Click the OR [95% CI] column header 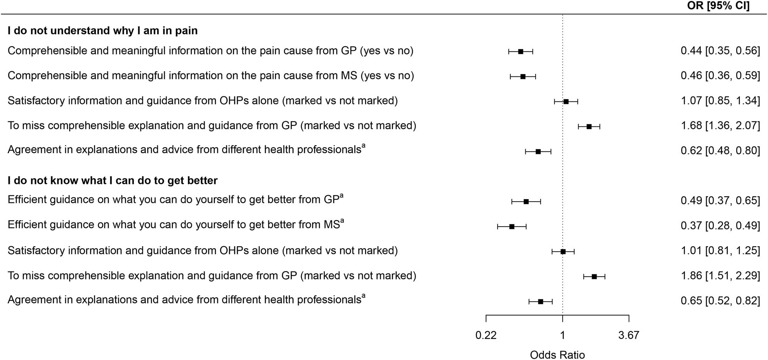click(718, 6)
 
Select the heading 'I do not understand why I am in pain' click(103, 31)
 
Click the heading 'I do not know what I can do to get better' click(113, 181)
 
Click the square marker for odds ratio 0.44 click(521, 51)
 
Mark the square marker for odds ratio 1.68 click(589, 126)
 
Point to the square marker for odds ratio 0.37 click(512, 227)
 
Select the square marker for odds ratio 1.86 click(594, 277)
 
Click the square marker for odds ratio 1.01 click(563, 252)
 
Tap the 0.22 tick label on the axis click(486, 335)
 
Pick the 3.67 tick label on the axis click(629, 335)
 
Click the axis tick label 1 click(563, 335)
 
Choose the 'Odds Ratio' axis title click(557, 355)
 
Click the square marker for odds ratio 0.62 click(538, 152)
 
